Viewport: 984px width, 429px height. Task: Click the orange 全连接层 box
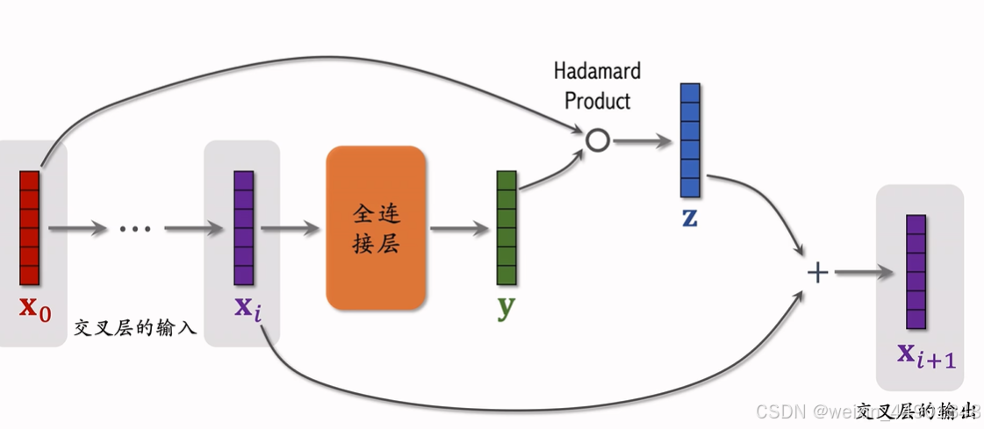[376, 228]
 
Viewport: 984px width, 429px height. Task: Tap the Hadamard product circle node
[597, 140]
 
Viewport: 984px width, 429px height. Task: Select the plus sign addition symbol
[817, 273]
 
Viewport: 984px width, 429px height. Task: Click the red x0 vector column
[30, 228]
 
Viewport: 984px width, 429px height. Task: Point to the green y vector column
[506, 228]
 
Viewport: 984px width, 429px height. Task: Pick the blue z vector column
[690, 140]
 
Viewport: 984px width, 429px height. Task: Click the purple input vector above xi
[244, 228]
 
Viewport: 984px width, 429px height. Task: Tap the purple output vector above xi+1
[916, 272]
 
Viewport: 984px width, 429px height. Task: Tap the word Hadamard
[597, 70]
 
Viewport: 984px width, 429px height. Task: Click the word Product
[597, 100]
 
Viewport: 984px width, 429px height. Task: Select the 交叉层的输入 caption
[135, 328]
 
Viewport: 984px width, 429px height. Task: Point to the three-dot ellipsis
[135, 229]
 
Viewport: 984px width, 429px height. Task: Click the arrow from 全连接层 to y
[459, 229]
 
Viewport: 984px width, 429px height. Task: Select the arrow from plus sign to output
[862, 273]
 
